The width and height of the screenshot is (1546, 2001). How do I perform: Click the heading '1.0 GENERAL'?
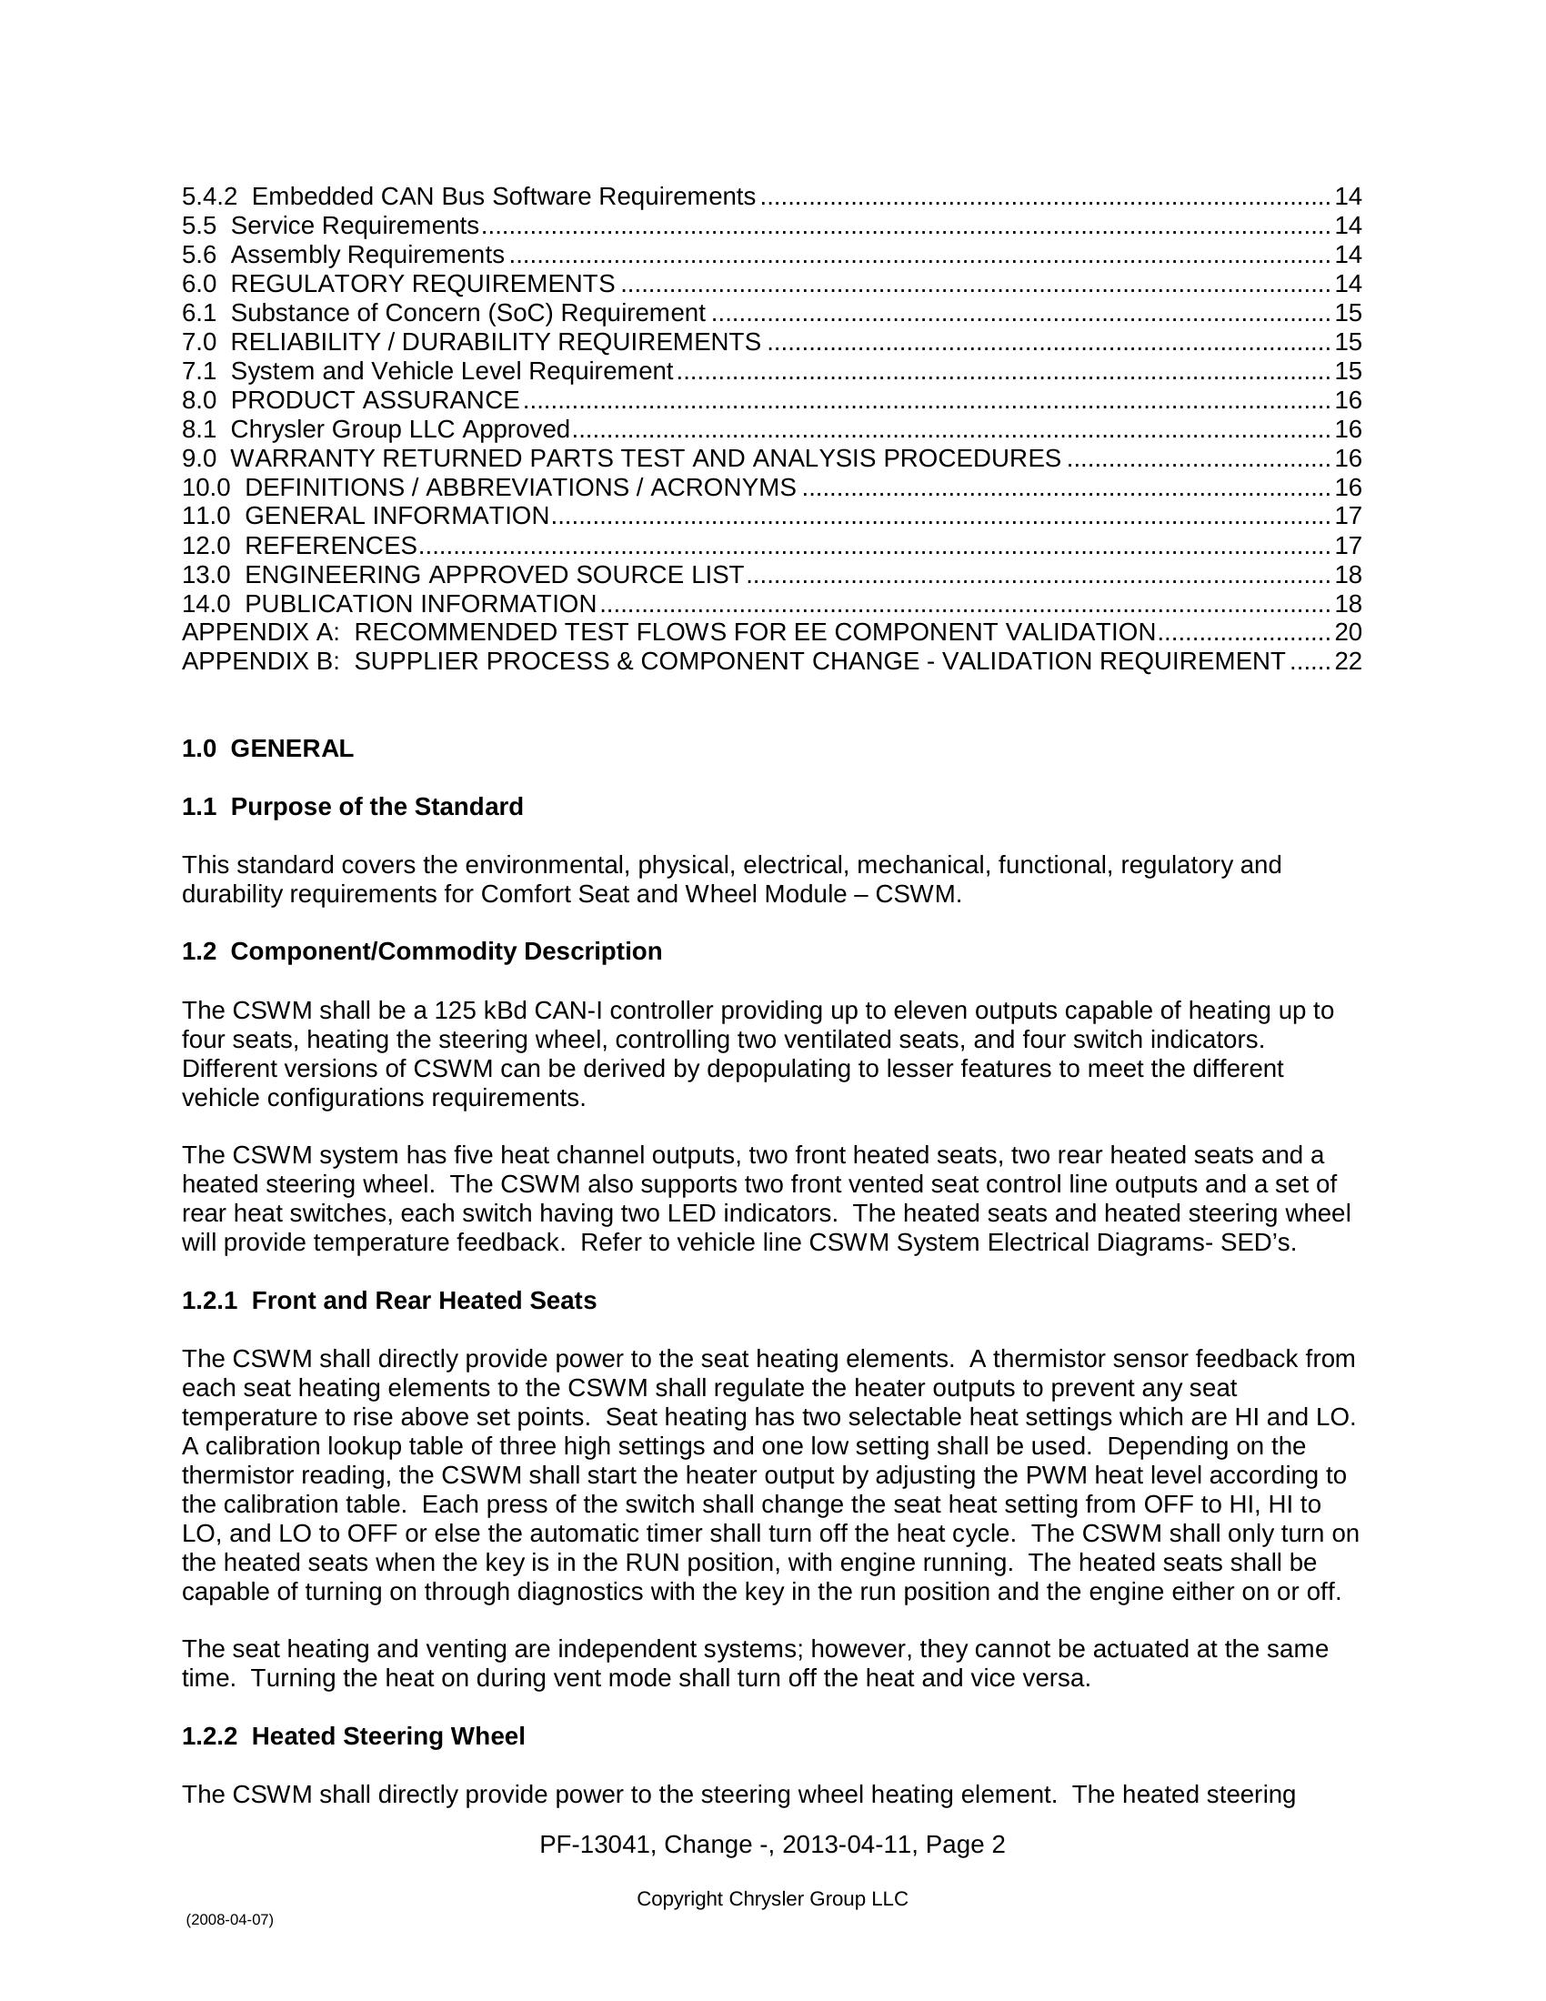tap(267, 749)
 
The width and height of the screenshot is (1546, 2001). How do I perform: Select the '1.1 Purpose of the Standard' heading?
tap(353, 806)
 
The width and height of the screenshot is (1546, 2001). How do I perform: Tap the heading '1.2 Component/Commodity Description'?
tap(421, 951)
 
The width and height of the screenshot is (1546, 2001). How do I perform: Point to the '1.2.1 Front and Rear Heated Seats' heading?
tap(388, 1300)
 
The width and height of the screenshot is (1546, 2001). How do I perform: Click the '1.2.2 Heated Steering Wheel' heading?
tap(353, 1736)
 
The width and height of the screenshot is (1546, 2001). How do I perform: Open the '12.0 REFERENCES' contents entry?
tap(299, 545)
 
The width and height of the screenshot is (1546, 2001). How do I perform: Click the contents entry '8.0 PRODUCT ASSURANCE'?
tap(351, 400)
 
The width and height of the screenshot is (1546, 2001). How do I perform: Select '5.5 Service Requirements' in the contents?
tap(331, 226)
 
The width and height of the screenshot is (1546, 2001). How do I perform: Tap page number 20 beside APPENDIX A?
tap(1348, 632)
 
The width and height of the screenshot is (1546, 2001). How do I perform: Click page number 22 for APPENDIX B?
tap(1348, 661)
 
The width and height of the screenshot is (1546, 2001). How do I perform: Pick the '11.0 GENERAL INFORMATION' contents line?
tap(366, 516)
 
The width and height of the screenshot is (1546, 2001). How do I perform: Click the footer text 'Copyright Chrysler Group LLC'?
tap(772, 1898)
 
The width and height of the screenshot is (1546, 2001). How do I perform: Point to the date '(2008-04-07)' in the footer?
tap(229, 1919)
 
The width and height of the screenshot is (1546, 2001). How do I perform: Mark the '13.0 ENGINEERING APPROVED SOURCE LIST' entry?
tap(463, 575)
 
